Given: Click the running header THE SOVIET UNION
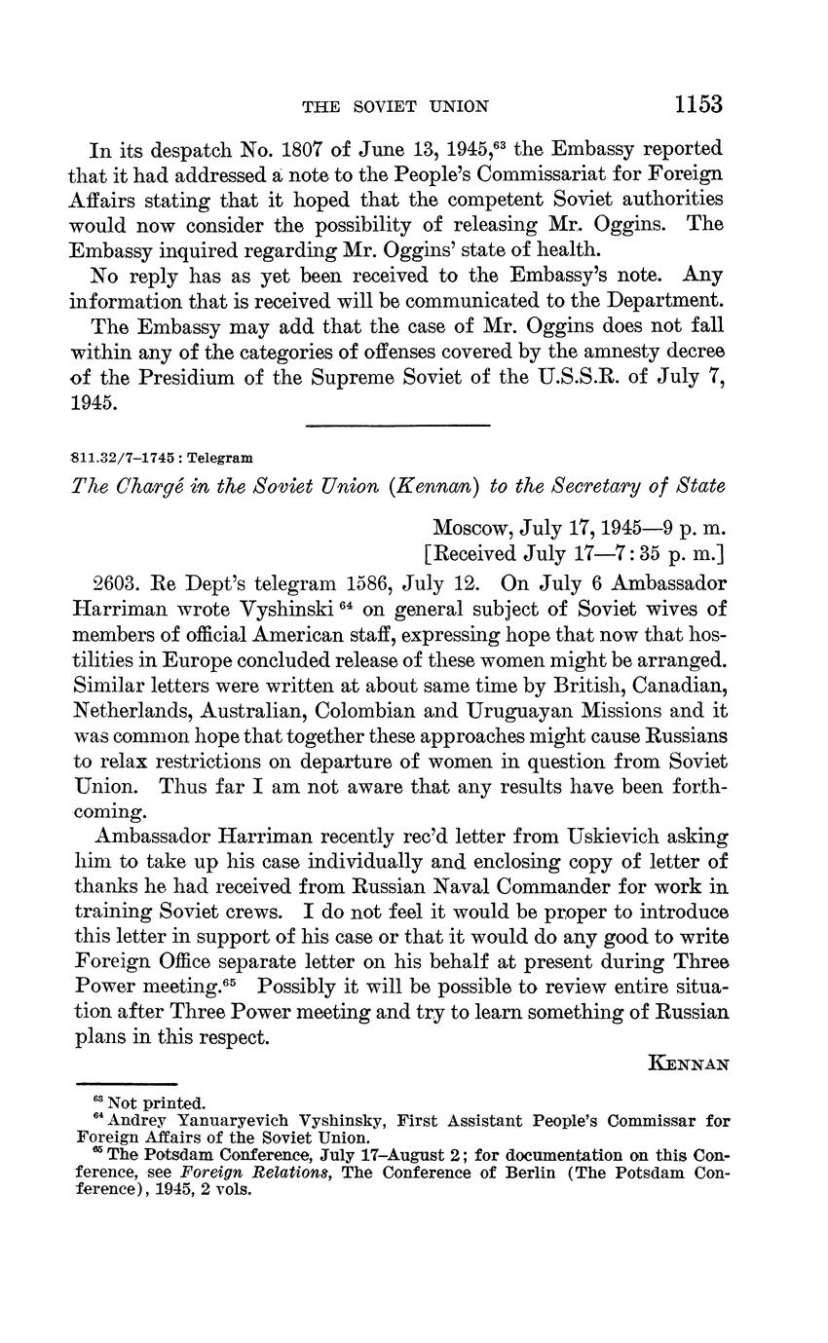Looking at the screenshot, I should click(x=395, y=106).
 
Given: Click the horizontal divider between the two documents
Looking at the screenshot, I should click(x=397, y=425).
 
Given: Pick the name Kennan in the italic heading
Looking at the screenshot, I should click(x=430, y=488).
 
